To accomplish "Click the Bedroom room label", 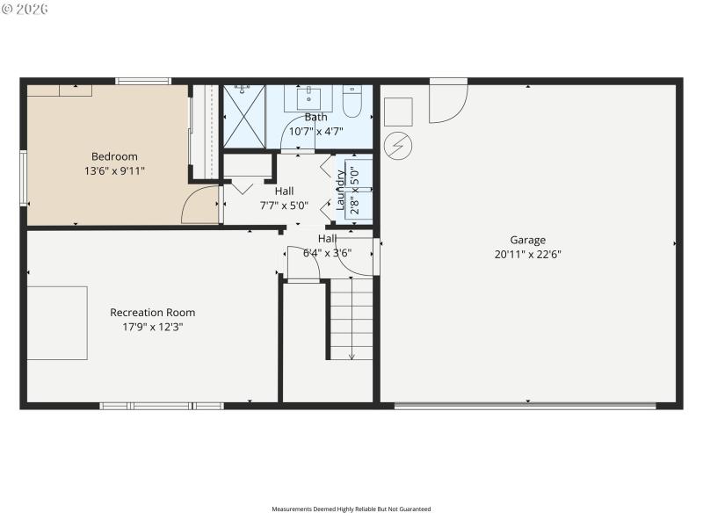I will pos(108,156).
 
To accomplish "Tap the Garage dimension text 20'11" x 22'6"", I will pos(527,255).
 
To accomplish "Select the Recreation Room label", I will pos(152,313).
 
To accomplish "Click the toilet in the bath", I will pos(351,102).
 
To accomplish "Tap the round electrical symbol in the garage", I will pos(398,145).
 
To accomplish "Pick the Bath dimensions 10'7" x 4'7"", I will pos(315,132).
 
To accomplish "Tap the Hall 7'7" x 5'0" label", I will pos(284,199).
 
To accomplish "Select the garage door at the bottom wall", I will pos(525,406).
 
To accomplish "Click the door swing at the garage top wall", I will pos(446,101).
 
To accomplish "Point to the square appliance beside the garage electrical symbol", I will pos(398,112).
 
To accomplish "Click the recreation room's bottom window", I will pos(162,406).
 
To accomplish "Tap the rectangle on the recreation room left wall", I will pos(57,322).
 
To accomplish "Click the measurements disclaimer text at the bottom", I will pos(351,509).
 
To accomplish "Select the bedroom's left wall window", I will pos(24,178).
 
